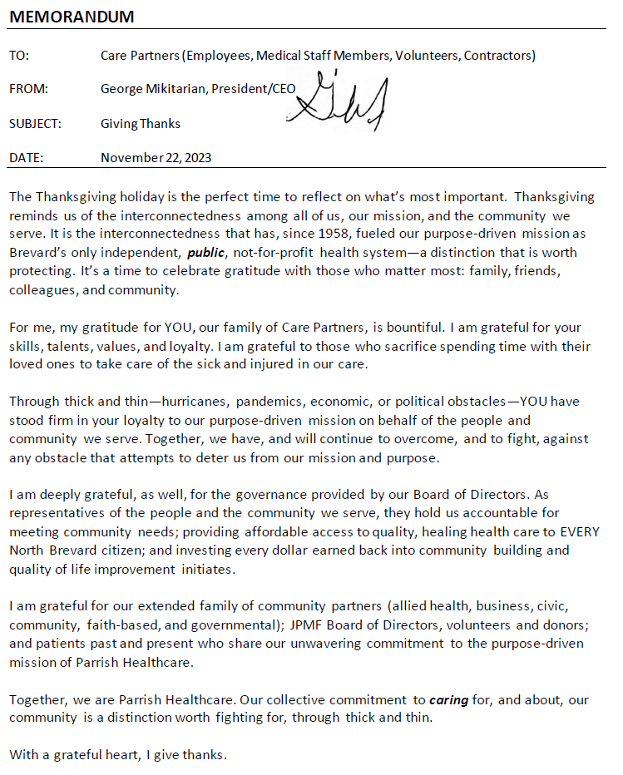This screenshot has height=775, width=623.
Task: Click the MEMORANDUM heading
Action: (x=72, y=17)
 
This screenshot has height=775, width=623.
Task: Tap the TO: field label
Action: (x=19, y=56)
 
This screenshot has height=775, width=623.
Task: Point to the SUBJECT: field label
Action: (x=35, y=124)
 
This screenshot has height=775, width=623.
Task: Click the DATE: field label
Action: (x=26, y=157)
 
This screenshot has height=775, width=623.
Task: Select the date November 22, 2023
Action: (x=156, y=157)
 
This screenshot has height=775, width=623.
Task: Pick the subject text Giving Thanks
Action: (x=141, y=124)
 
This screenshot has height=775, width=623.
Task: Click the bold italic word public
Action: (x=205, y=252)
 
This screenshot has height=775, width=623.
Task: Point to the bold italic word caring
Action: (x=448, y=700)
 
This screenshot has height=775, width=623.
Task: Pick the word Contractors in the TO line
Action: (x=498, y=56)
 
